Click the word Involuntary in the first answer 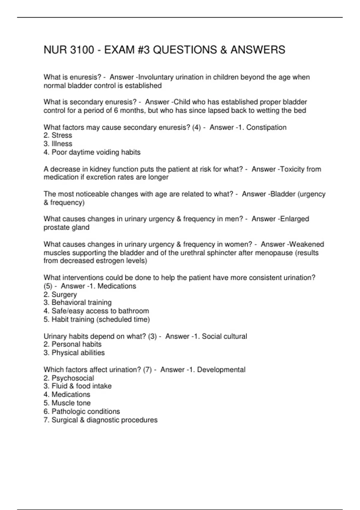[156, 77]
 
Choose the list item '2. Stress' [58, 135]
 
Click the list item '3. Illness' [58, 144]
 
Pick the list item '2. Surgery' [60, 294]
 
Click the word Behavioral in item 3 [69, 302]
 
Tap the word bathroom [133, 311]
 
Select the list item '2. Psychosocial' [69, 378]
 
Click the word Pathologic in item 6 [69, 411]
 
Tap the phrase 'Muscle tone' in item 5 [71, 403]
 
